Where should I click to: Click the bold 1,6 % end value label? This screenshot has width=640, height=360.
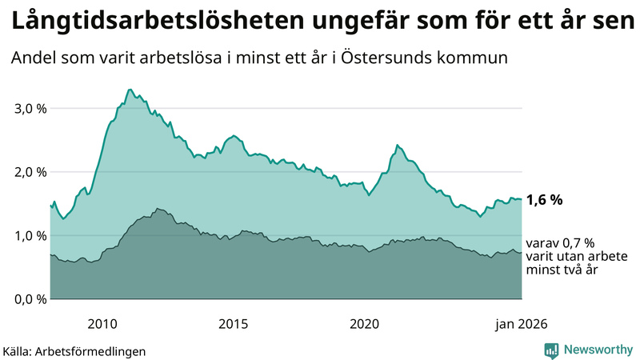[x=545, y=201]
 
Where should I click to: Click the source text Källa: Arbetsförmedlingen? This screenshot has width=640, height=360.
[x=74, y=350]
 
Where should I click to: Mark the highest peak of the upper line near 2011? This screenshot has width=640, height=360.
[x=130, y=90]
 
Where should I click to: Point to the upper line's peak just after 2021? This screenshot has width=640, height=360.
[x=398, y=145]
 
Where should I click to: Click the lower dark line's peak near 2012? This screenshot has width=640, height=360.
[x=158, y=208]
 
